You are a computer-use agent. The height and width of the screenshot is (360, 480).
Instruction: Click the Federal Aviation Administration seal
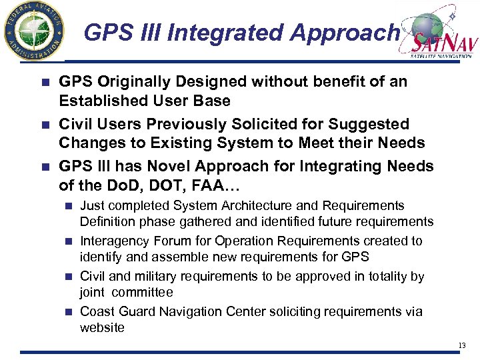[x=34, y=32]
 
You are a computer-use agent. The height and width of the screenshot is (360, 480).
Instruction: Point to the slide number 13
[x=462, y=345]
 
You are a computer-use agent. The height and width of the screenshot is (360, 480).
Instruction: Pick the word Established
[x=99, y=101]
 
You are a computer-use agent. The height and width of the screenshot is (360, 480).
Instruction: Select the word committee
[x=143, y=292]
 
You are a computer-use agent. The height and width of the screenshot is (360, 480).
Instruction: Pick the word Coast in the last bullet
[x=96, y=311]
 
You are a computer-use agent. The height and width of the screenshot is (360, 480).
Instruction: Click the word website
[x=102, y=327]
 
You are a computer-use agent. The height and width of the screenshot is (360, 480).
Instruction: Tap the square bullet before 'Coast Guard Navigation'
[x=69, y=312]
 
